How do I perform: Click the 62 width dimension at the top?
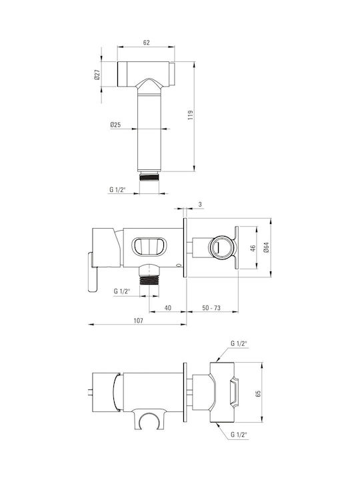tap(146, 43)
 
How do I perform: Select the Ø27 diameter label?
tap(97, 75)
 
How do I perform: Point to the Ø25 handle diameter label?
tap(115, 125)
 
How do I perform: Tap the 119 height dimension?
tap(191, 115)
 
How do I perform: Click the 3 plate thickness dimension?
tap(200, 204)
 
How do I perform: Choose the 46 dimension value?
tap(253, 248)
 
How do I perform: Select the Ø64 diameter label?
tap(266, 247)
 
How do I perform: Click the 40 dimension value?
tap(168, 307)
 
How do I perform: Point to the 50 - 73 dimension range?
tap(211, 307)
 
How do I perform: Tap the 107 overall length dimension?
tap(139, 321)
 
